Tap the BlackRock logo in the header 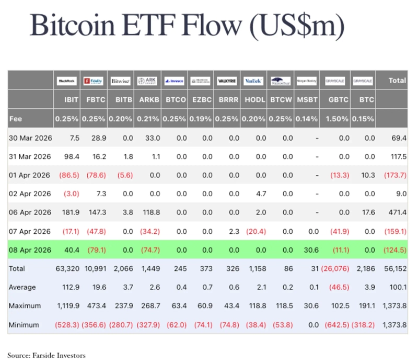pyautogui.click(x=67, y=81)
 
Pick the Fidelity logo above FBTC pyautogui.click(x=94, y=81)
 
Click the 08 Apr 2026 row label pyautogui.click(x=30, y=250)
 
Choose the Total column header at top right pyautogui.click(x=397, y=81)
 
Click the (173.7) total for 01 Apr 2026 pyautogui.click(x=394, y=175)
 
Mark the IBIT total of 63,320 pyautogui.click(x=67, y=269)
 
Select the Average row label pyautogui.click(x=24, y=288)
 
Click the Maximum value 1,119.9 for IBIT pyautogui.click(x=67, y=306)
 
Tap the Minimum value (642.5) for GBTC pyautogui.click(x=336, y=325)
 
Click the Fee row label pyautogui.click(x=16, y=119)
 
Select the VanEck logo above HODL pyautogui.click(x=253, y=81)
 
